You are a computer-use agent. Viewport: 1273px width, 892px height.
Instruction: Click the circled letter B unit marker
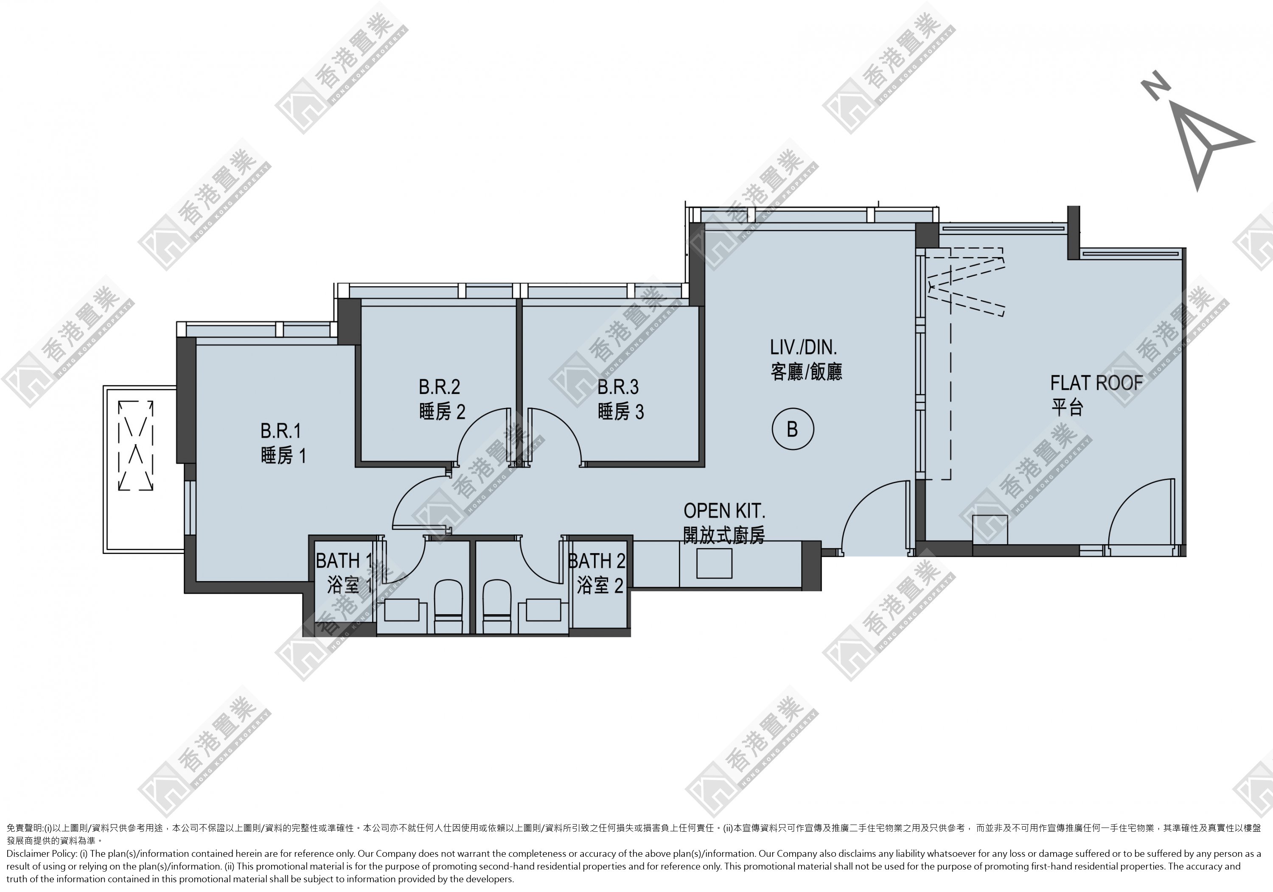coord(793,429)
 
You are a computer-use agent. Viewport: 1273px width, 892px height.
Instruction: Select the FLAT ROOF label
coord(1096,383)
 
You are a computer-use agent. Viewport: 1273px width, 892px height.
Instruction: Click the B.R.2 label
coord(439,386)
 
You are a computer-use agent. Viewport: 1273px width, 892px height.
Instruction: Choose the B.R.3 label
coord(618,386)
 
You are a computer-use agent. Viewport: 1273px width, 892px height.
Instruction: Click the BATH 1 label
coord(344,561)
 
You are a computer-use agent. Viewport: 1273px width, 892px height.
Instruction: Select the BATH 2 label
coord(597,561)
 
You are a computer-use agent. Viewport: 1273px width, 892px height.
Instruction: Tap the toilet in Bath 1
coord(448,607)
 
